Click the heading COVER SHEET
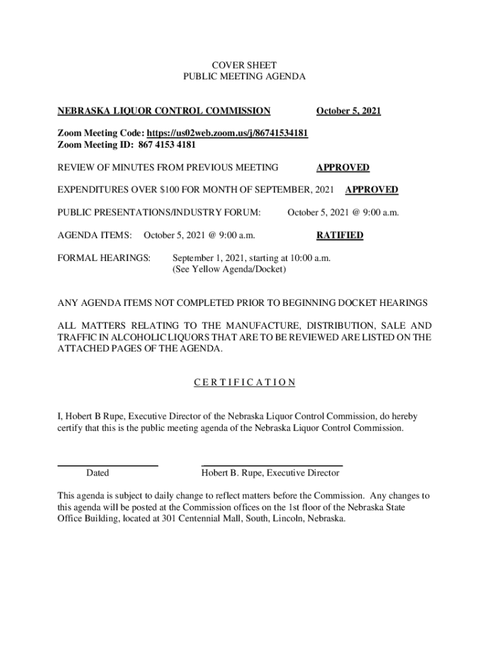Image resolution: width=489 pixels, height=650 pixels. click(244, 65)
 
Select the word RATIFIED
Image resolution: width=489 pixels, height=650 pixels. click(340, 235)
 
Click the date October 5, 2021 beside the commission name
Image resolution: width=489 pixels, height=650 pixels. click(349, 111)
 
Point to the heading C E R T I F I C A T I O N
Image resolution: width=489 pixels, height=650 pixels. click(244, 382)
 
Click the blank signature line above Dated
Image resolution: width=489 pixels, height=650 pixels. click(108, 466)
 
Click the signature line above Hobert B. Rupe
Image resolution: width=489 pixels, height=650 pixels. click(272, 466)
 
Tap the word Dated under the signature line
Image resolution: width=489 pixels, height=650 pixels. click(97, 473)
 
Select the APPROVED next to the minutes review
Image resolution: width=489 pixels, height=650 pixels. click(342, 168)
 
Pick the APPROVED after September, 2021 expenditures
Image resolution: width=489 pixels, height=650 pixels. click(371, 190)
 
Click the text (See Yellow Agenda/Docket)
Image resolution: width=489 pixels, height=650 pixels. click(229, 270)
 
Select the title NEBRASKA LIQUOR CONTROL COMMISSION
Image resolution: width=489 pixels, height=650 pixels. click(164, 111)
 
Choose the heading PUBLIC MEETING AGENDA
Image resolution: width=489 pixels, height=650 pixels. click(244, 76)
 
